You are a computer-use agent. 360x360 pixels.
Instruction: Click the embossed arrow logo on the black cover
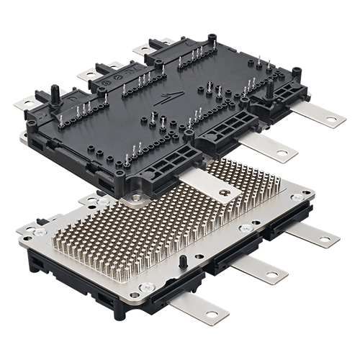pos(168,99)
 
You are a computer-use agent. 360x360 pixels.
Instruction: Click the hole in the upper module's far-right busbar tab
pos(331,119)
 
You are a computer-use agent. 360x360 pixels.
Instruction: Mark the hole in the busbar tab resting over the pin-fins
pos(228,192)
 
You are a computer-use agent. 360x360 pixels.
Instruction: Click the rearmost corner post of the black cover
pos(212,37)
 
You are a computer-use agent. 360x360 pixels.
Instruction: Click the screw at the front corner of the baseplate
pos(147,287)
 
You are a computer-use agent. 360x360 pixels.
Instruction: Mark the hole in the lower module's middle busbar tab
pos(271,274)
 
